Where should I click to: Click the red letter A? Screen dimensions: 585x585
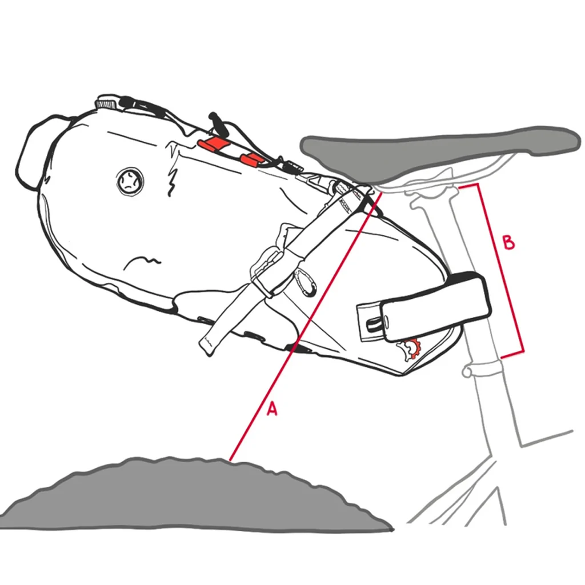click(x=273, y=408)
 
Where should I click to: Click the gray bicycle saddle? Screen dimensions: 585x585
click(x=440, y=149)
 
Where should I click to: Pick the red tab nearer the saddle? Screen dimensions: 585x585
click(x=251, y=159)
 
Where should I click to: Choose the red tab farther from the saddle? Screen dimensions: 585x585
click(x=211, y=144)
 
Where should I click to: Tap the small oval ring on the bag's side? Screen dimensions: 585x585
click(x=306, y=283)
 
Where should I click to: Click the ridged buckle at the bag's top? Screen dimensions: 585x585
click(x=108, y=103)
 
